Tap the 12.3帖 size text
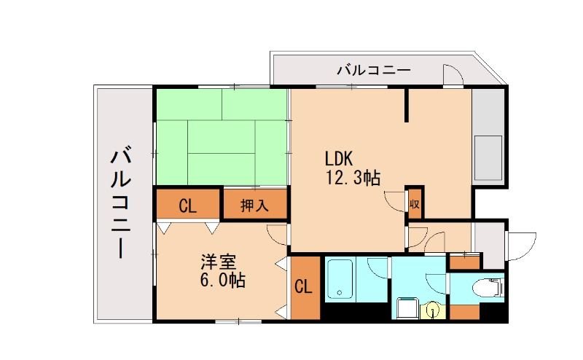(353, 177)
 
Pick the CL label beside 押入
(187, 206)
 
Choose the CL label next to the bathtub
(304, 287)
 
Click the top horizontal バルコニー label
(374, 71)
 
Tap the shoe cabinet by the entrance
(464, 259)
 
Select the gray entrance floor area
(488, 244)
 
